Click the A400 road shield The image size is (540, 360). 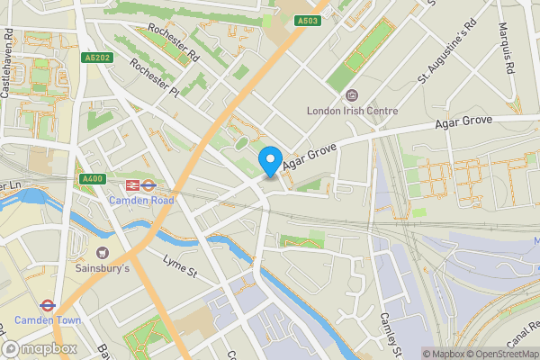(92, 179)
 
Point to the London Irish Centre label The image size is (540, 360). (352, 112)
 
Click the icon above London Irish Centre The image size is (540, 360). (352, 95)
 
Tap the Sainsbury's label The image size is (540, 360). (101, 268)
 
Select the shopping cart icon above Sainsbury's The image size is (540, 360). (101, 252)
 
